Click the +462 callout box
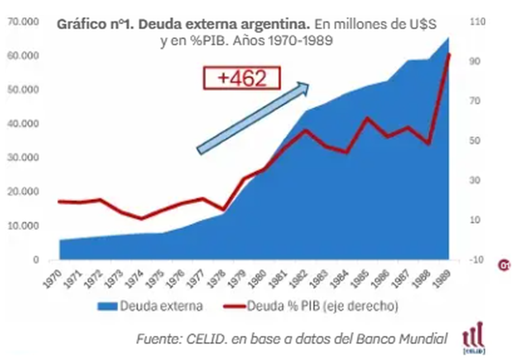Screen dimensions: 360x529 (242, 79)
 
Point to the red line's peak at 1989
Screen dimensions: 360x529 (449, 54)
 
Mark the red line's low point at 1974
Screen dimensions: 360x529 (142, 218)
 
